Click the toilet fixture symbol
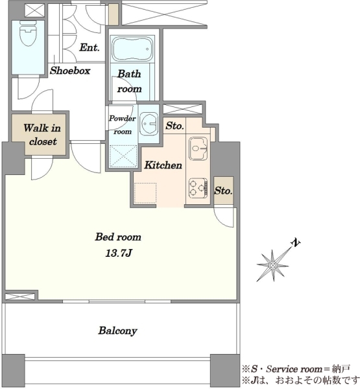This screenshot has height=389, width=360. click(x=28, y=33)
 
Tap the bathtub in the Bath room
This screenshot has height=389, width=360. click(x=132, y=49)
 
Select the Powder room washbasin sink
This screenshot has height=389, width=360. click(x=149, y=124)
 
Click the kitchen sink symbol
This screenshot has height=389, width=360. click(x=198, y=149)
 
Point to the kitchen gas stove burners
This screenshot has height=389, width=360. click(x=198, y=188)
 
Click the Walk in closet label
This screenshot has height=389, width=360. click(x=42, y=135)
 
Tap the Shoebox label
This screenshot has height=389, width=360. click(x=70, y=71)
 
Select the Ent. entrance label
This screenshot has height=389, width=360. click(x=90, y=47)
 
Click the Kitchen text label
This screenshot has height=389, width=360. click(x=163, y=165)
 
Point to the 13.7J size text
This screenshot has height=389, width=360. click(x=119, y=253)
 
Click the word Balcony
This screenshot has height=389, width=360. click(x=117, y=331)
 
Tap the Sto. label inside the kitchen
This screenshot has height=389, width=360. click(x=174, y=126)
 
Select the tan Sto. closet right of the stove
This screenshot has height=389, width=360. click(x=223, y=191)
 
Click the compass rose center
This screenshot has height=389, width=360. click(x=272, y=265)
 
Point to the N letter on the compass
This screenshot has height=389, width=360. click(x=295, y=242)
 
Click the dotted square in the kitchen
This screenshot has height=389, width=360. click(x=145, y=193)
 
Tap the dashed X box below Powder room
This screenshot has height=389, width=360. click(x=123, y=156)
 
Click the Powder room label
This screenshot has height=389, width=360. click(x=123, y=124)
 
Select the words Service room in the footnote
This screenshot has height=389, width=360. click(x=294, y=369)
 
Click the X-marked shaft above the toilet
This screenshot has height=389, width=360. click(x=35, y=10)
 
